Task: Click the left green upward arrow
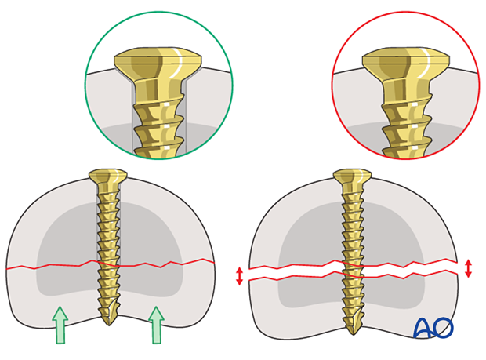pyautogui.click(x=60, y=325)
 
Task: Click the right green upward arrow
pyautogui.click(x=157, y=325)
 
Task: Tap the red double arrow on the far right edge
pyautogui.click(x=469, y=267)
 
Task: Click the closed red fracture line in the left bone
pyautogui.click(x=47, y=267)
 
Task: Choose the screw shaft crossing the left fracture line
pyautogui.click(x=107, y=265)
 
